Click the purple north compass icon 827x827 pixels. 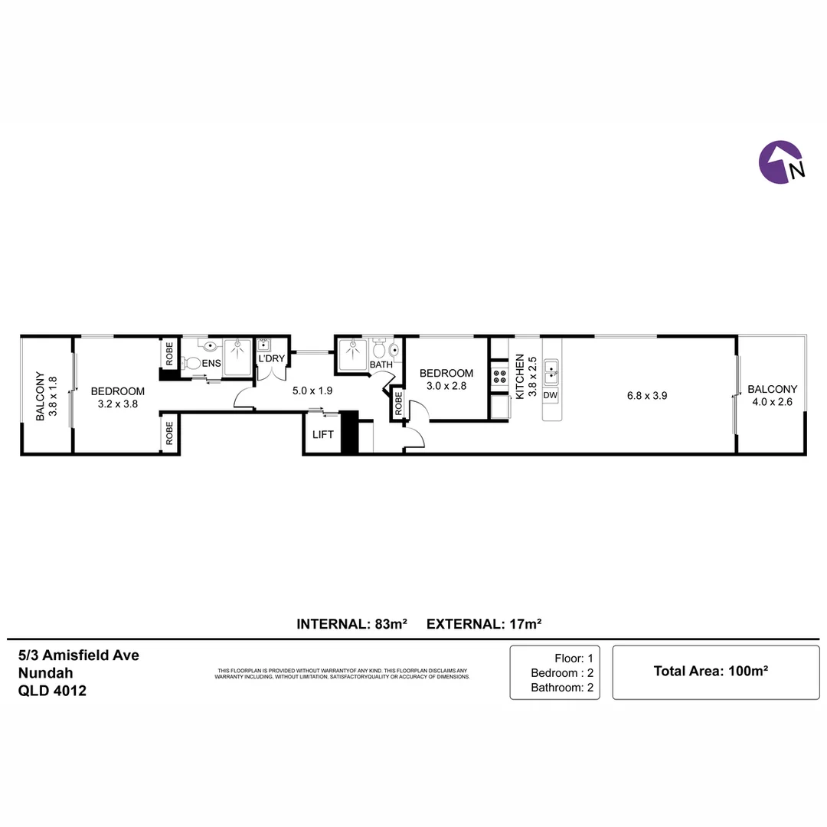(x=781, y=162)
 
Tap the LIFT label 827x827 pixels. (x=323, y=435)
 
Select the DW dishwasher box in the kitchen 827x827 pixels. (x=550, y=395)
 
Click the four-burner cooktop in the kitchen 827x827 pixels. (x=499, y=377)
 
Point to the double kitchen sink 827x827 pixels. (x=551, y=373)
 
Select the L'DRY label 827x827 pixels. (x=272, y=358)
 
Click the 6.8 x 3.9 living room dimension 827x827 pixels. (x=647, y=396)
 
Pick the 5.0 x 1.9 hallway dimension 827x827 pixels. (x=312, y=391)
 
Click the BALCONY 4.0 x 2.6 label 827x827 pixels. (x=772, y=396)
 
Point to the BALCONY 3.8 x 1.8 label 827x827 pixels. (x=46, y=396)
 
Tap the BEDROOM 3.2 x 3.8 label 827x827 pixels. (x=118, y=397)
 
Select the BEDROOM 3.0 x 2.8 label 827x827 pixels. (x=446, y=379)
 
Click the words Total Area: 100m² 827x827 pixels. (x=711, y=671)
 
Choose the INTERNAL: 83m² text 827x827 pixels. (x=351, y=624)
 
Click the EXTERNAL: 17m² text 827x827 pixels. (x=484, y=624)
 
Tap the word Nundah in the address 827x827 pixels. (x=45, y=673)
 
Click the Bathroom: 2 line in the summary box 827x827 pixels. (x=562, y=688)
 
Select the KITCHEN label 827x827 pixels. (x=519, y=377)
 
